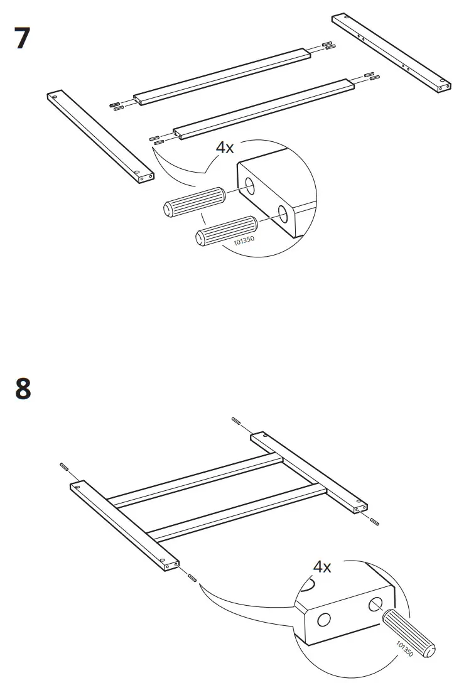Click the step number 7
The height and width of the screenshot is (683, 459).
tap(22, 39)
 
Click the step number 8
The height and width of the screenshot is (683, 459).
tap(23, 389)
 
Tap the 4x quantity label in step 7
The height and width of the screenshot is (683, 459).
tap(225, 148)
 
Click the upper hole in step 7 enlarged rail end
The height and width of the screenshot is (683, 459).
tap(250, 186)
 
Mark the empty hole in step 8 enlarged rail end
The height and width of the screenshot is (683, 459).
tap(324, 620)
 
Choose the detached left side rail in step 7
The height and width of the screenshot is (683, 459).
tap(100, 137)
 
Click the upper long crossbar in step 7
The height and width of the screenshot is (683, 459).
tap(224, 77)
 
